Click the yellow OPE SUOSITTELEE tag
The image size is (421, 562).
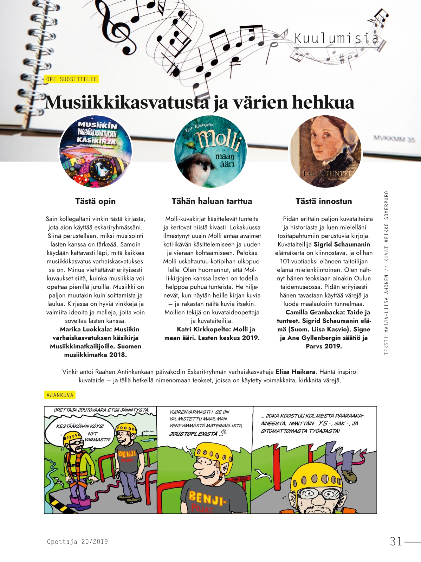pos(72,79)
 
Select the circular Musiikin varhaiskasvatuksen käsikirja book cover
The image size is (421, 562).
pos(96,151)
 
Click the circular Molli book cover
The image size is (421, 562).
pos(210,151)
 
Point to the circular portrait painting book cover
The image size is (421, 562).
pos(325,151)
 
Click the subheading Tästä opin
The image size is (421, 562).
pos(95,201)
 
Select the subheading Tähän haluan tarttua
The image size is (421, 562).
pos(212,201)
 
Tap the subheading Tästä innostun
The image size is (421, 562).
pos(324,201)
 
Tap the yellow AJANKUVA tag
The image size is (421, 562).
pos(60,395)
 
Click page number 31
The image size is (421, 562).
pos(396,541)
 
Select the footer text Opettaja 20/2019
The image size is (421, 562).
pos(77,542)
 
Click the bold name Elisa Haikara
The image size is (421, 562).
pos(295,372)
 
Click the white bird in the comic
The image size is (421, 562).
pos(263,475)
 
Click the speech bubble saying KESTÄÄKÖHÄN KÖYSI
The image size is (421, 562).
pos(80,426)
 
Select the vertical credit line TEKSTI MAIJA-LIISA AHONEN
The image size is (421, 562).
pos(387,317)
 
